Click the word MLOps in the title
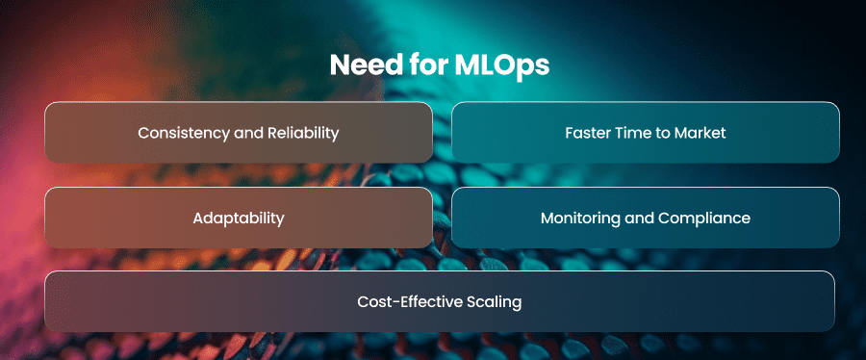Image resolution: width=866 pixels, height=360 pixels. [502, 65]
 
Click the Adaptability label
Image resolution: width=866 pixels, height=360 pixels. [239, 219]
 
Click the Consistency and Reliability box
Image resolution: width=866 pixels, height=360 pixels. [238, 133]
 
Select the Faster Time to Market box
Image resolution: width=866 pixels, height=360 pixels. [646, 133]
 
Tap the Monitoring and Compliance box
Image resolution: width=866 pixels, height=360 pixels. [646, 218]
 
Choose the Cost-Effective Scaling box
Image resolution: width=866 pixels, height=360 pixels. [440, 301]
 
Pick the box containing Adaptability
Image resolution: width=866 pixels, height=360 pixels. [238, 218]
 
